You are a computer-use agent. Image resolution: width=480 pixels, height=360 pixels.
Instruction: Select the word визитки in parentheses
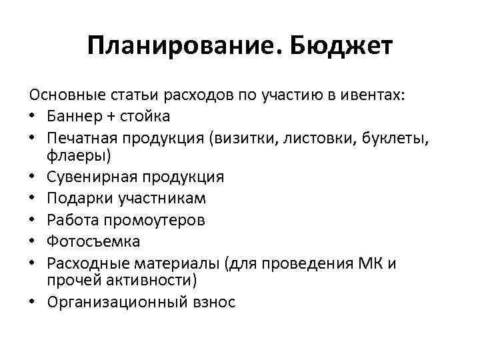click(x=248, y=137)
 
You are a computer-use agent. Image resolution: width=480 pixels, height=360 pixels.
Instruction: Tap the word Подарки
click(x=77, y=199)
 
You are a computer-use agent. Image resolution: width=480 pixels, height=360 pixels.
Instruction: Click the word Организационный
click(x=109, y=301)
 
